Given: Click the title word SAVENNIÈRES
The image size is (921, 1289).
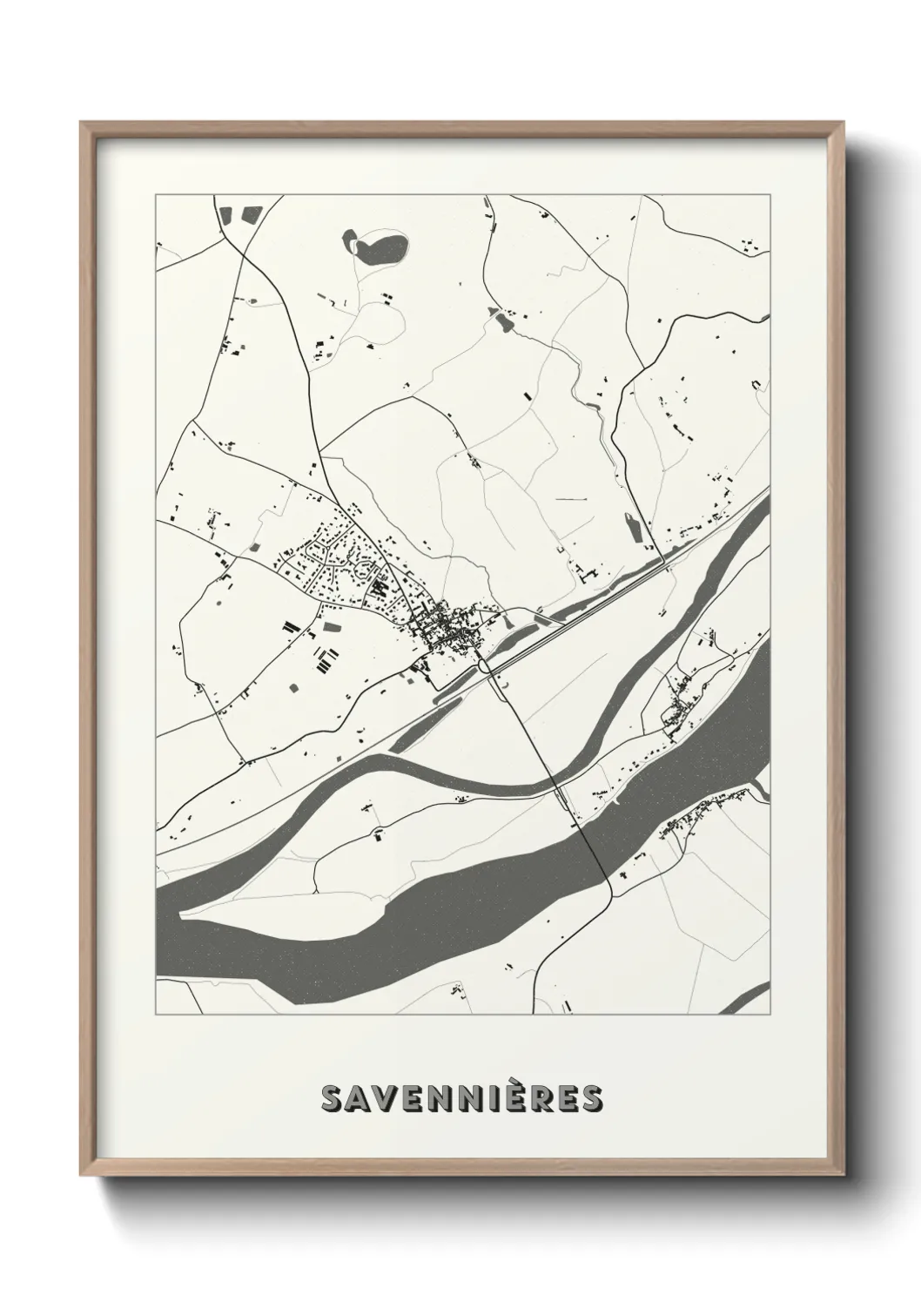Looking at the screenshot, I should coord(460,1098).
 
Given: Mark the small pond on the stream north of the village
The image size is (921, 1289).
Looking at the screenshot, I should coord(502,321).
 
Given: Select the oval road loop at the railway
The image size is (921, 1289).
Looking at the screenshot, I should coord(485,666).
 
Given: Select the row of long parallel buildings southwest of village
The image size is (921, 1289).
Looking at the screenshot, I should coord(324,662).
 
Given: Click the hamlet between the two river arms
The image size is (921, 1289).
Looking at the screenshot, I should coord(679,708).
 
